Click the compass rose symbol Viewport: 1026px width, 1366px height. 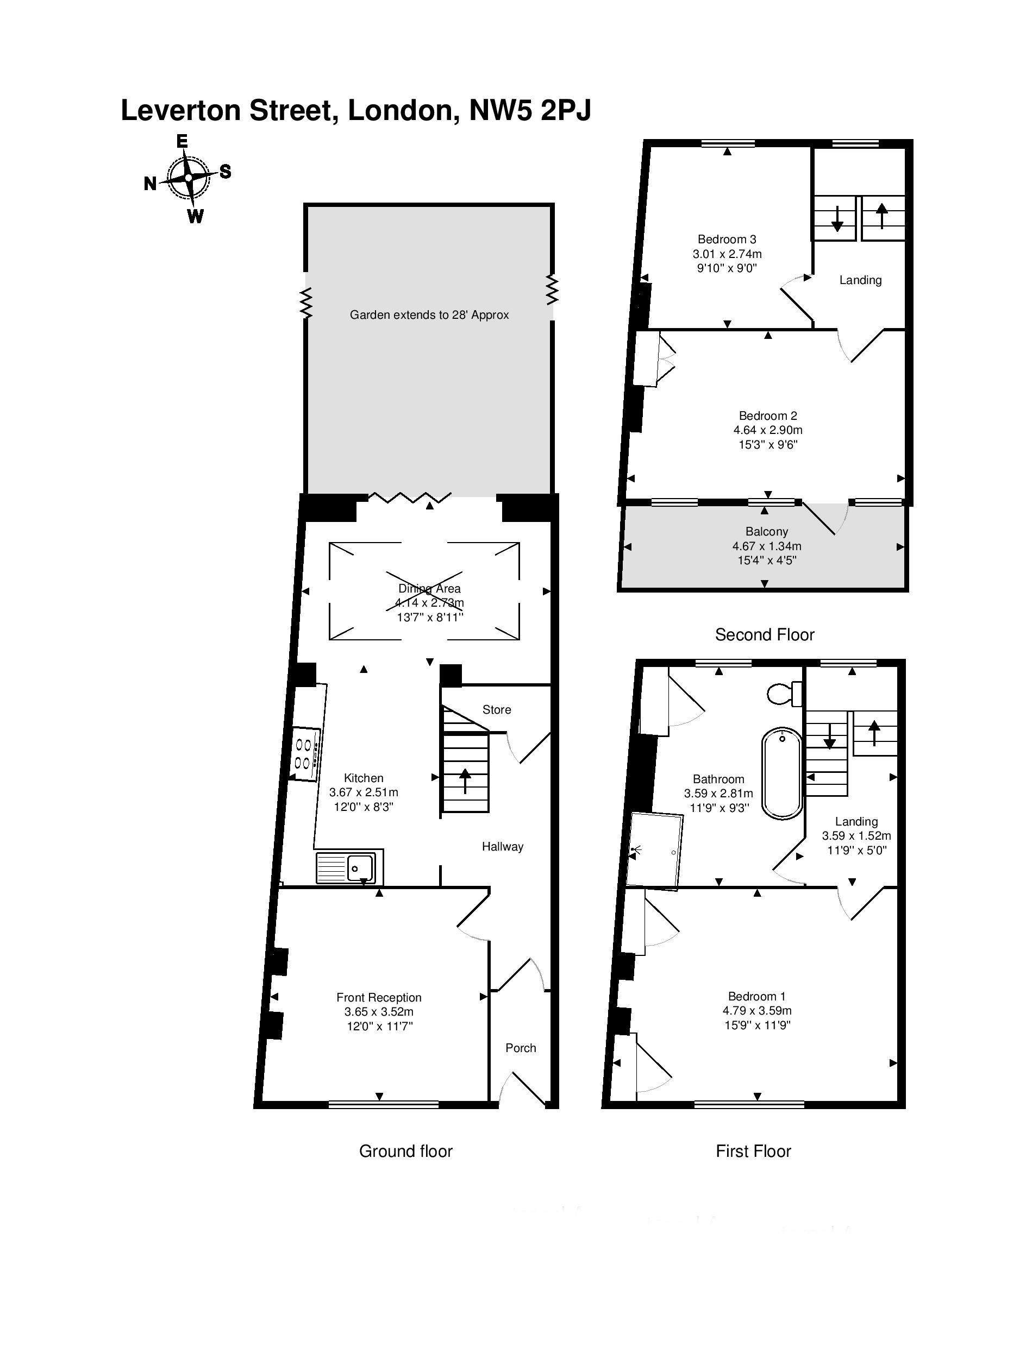point(189,178)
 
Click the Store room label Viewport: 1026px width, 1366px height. point(497,709)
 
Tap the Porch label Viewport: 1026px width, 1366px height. point(521,1048)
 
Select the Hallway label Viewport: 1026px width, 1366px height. point(502,847)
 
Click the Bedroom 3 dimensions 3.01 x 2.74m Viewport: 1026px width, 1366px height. point(727,254)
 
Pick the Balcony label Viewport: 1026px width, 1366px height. point(767,532)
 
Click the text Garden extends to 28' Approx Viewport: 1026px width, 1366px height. point(429,315)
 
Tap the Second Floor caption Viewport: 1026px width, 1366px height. point(765,635)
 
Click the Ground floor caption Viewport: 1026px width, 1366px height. point(406,1151)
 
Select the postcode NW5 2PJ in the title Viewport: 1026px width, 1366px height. point(530,111)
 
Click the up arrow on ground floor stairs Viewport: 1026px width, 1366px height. point(465,780)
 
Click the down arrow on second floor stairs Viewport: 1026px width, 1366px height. point(837,217)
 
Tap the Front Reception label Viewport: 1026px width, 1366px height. point(379,997)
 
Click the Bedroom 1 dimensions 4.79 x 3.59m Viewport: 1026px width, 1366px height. point(756,1011)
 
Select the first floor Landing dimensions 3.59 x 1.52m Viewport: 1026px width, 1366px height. point(856,836)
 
